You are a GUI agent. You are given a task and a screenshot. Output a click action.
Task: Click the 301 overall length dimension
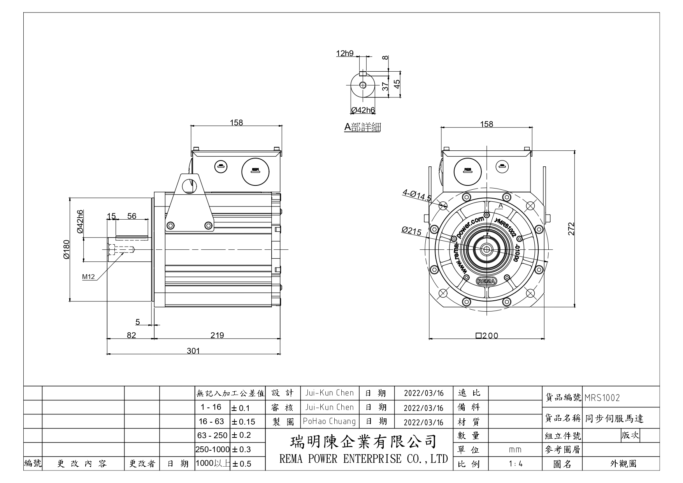click(193, 351)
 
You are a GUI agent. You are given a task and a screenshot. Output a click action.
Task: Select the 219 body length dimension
click(217, 335)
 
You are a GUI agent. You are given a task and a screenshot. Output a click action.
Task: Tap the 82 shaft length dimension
click(132, 335)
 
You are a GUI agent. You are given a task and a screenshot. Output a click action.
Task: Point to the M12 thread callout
click(89, 277)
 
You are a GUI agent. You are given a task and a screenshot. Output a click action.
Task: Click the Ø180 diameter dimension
click(66, 250)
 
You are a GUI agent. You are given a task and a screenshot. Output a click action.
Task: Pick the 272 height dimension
click(571, 229)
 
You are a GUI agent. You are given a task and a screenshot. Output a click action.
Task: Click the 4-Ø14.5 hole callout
click(417, 195)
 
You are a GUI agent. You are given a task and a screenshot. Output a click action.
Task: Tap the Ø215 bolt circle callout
click(412, 231)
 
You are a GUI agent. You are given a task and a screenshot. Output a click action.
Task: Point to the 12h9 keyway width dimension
click(345, 53)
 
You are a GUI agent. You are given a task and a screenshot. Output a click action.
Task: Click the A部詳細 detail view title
click(362, 127)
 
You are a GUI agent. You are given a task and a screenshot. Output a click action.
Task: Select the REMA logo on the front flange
click(486, 281)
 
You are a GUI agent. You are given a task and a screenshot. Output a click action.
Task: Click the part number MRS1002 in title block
click(602, 398)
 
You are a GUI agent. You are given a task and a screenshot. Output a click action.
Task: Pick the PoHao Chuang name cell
click(329, 421)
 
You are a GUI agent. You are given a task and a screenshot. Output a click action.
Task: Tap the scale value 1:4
click(515, 464)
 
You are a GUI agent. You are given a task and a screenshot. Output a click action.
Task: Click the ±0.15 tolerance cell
click(243, 422)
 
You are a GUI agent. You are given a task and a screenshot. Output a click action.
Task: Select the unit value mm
click(515, 450)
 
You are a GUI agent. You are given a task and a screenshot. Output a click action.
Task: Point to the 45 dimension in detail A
click(397, 84)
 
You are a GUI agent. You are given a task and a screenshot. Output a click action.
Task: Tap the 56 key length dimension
click(132, 216)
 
